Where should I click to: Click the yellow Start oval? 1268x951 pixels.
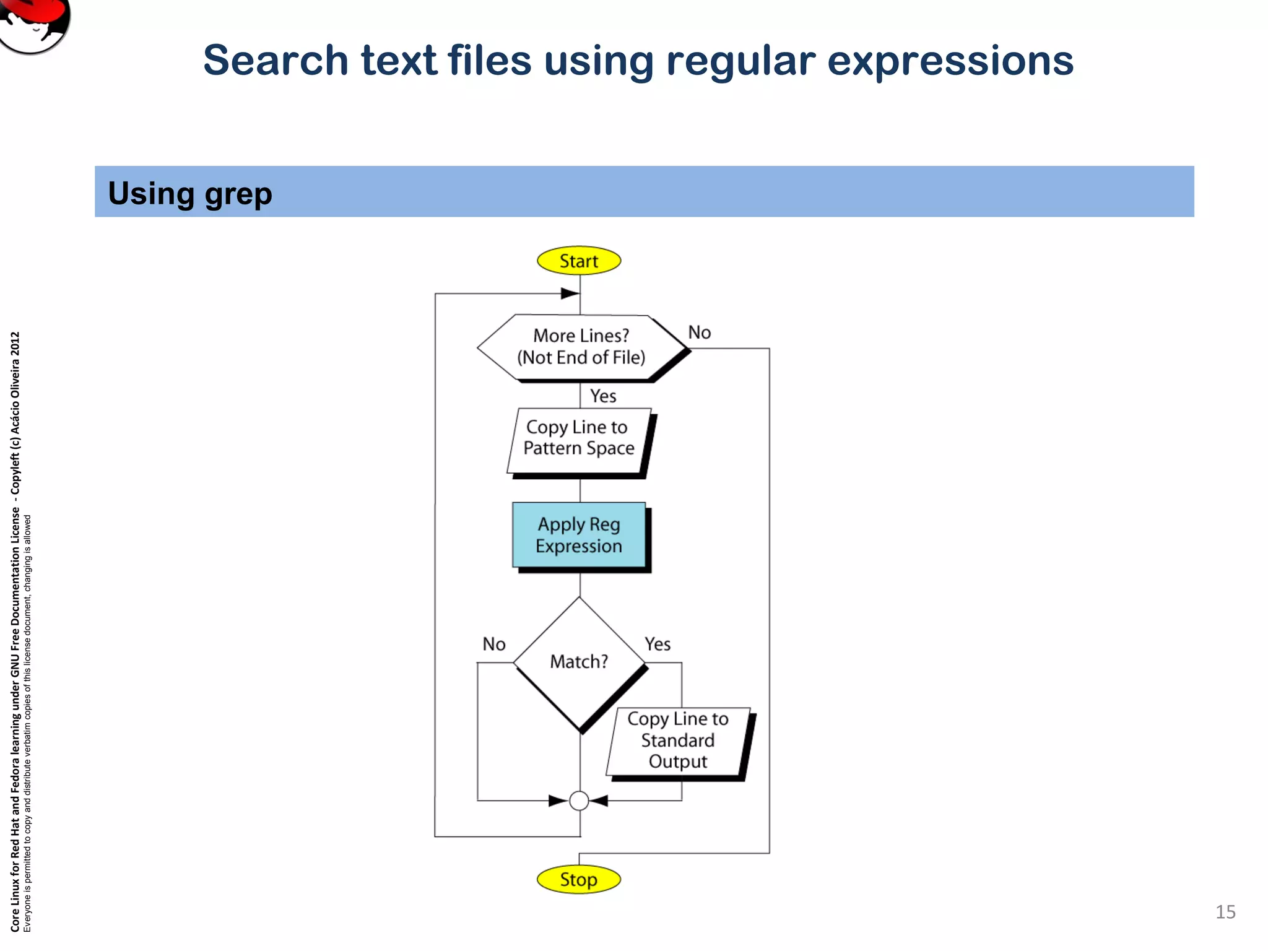pos(578,261)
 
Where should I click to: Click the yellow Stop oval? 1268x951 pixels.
pos(578,879)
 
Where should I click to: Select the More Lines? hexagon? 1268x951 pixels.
pos(581,347)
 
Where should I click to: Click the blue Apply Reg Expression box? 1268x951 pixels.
pos(579,535)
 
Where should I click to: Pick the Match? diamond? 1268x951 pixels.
pos(579,662)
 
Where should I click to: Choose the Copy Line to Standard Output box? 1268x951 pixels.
pos(677,740)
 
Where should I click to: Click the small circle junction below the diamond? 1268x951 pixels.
pos(579,801)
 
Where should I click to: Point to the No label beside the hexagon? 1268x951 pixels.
pos(700,332)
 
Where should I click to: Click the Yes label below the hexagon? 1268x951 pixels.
pos(602,396)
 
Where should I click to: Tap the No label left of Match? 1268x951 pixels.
pos(494,645)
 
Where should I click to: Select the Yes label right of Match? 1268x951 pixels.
pos(658,645)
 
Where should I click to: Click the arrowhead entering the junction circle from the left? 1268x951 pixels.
pos(558,801)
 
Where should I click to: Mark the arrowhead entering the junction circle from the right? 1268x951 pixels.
pos(599,801)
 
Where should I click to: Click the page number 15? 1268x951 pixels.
pos(1225,912)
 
